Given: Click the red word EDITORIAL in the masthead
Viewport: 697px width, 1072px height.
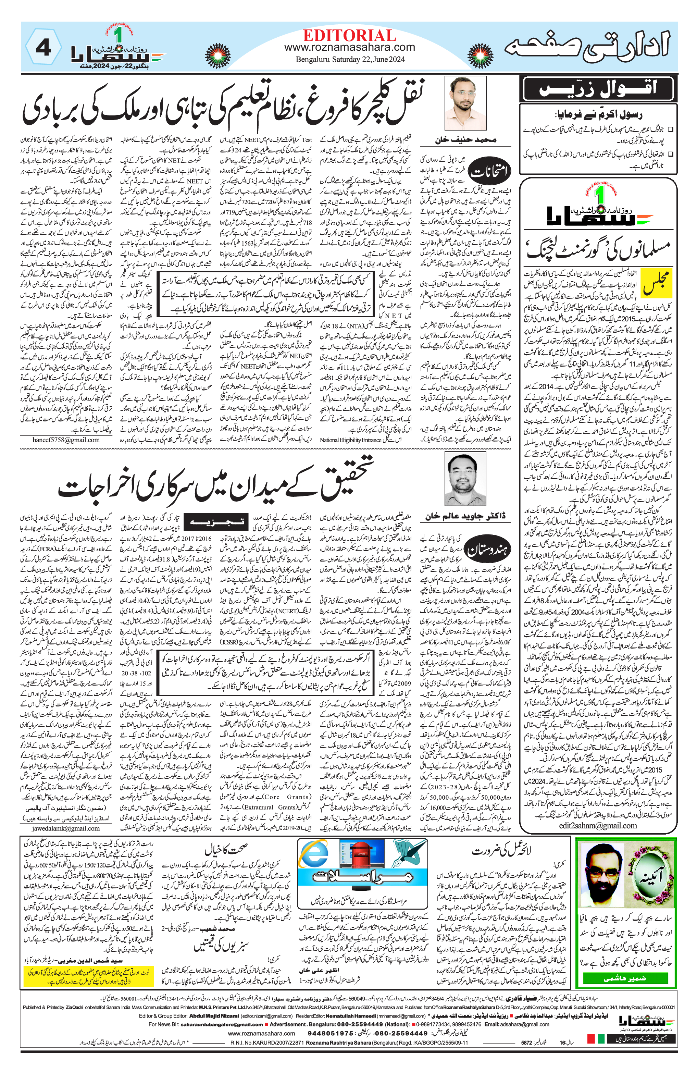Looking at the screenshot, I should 349,36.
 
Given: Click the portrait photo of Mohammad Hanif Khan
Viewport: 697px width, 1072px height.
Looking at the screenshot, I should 465,103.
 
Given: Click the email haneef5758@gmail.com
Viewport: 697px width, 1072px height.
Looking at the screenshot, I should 66,440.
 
